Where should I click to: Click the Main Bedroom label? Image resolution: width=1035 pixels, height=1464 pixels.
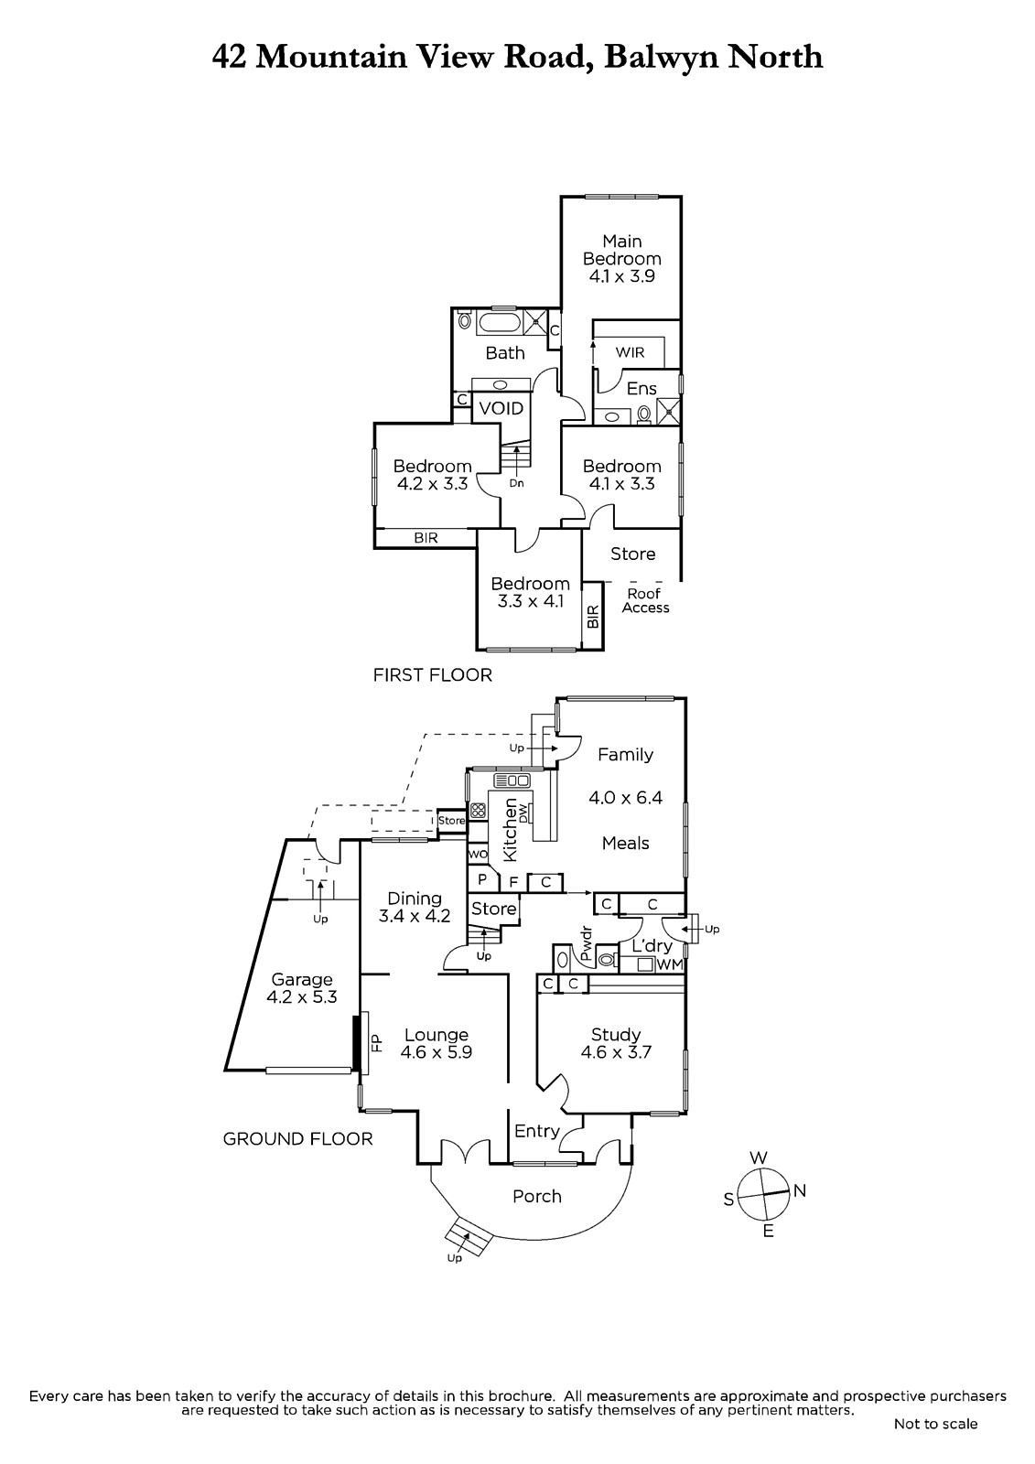click(x=621, y=258)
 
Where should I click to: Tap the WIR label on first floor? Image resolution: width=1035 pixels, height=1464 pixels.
click(x=630, y=352)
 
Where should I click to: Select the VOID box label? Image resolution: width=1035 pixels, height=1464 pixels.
click(x=501, y=408)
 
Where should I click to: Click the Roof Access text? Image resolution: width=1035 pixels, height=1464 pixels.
click(x=645, y=600)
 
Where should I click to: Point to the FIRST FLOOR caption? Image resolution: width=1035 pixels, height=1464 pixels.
click(x=432, y=675)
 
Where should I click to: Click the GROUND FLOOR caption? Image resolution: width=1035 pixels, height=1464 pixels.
click(x=297, y=1138)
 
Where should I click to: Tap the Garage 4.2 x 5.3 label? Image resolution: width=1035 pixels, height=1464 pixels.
click(x=301, y=988)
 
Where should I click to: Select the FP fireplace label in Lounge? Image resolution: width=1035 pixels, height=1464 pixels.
click(x=375, y=1041)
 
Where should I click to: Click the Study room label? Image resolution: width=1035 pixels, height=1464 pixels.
click(x=616, y=1043)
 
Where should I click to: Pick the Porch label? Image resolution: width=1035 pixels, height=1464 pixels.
click(x=537, y=1196)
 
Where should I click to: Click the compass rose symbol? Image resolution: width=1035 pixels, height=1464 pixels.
click(x=762, y=1195)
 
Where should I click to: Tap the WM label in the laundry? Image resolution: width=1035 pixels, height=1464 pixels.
click(x=670, y=964)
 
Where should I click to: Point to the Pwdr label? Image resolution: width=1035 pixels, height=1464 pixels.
click(x=587, y=943)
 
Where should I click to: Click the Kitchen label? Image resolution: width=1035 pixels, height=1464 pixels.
click(x=511, y=829)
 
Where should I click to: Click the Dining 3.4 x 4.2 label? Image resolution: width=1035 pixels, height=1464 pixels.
click(x=415, y=907)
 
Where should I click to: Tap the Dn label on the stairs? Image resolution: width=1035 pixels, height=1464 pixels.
click(x=517, y=483)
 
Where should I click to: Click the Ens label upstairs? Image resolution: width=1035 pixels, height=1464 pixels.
click(x=641, y=389)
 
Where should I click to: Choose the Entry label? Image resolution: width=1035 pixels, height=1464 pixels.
click(x=536, y=1131)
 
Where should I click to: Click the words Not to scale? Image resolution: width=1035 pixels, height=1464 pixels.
click(x=935, y=1424)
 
